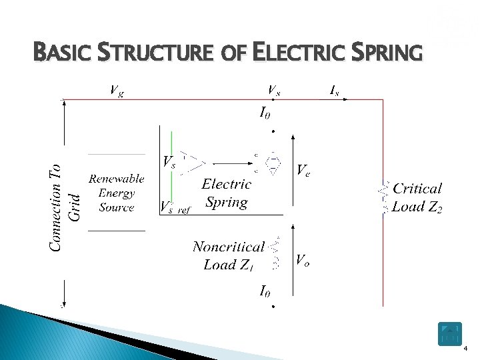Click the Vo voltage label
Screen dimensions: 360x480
click(x=302, y=261)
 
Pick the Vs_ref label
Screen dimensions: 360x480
click(x=175, y=207)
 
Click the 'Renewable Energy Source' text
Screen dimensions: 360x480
click(x=117, y=193)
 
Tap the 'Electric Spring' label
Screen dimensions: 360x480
click(x=227, y=193)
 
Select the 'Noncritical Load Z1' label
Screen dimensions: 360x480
click(x=229, y=256)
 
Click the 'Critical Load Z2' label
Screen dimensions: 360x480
click(x=417, y=198)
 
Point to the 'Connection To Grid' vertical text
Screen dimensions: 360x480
click(x=65, y=207)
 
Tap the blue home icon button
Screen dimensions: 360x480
click(x=450, y=334)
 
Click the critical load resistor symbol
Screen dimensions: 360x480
click(x=384, y=198)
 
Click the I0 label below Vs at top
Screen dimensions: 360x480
click(x=265, y=114)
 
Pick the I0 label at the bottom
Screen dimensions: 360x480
click(x=265, y=291)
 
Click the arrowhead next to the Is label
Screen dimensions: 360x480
click(x=345, y=99)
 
